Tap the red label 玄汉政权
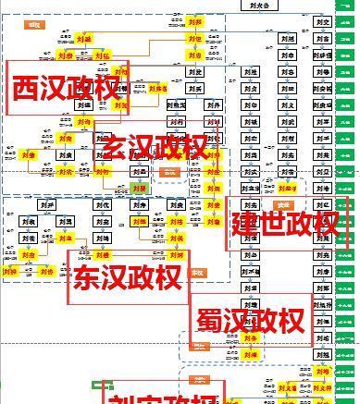click(155, 147)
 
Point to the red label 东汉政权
click(127, 277)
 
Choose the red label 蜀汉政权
click(250, 321)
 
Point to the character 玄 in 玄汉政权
click(116, 147)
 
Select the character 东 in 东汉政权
click(88, 277)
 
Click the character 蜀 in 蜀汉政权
click(210, 321)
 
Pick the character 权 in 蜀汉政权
click(291, 321)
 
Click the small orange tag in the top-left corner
click(36, 26)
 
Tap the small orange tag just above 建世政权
click(282, 205)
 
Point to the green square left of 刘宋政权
click(96, 384)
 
